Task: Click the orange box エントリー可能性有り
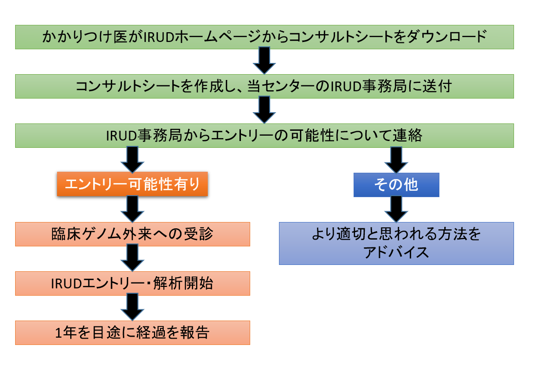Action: coord(132,184)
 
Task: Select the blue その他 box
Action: coord(396,185)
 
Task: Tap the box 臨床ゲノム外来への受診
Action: coord(132,234)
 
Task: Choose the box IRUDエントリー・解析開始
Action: coord(132,283)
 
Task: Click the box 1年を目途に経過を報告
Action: coord(132,332)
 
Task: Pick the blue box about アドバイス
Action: coord(396,243)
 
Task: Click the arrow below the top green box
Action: coord(264,61)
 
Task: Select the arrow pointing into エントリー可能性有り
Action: coord(132,160)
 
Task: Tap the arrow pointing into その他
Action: coord(396,160)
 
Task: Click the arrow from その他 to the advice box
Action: coord(396,209)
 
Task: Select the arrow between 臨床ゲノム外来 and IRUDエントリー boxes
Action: coord(132,258)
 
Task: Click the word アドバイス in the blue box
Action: coord(396,253)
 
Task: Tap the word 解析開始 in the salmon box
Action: coord(183,283)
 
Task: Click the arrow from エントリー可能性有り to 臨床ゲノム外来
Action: coord(132,209)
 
